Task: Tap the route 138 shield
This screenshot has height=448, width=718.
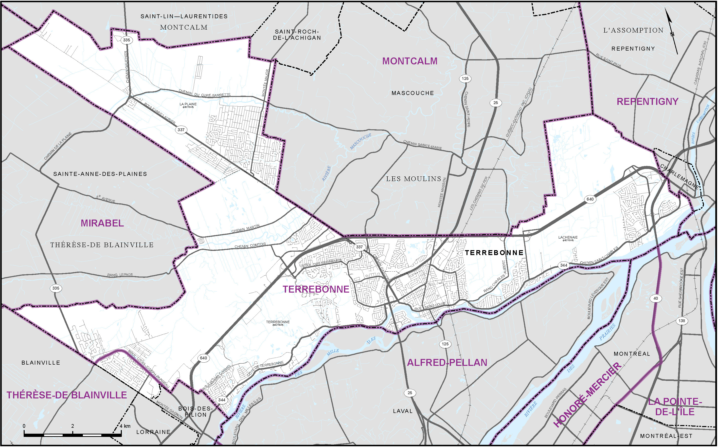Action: click(x=682, y=321)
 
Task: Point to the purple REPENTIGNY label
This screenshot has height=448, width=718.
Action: click(x=647, y=102)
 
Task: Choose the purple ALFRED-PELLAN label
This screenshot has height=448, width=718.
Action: click(x=447, y=363)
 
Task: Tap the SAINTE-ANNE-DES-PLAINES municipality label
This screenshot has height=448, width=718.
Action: click(x=100, y=174)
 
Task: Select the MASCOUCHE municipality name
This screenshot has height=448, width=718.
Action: click(x=413, y=93)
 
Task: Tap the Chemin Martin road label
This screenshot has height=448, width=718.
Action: click(x=245, y=228)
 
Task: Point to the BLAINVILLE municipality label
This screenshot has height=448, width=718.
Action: click(x=41, y=363)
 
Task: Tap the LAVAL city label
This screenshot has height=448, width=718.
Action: click(x=402, y=411)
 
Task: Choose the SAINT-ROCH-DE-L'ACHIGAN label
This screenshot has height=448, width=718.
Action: click(x=297, y=35)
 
